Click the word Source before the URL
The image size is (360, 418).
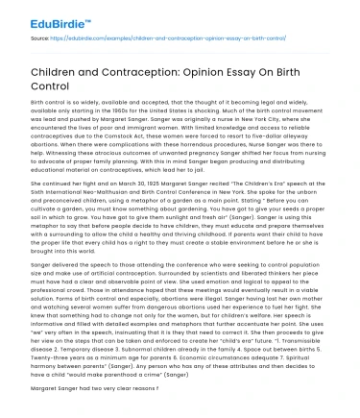coord(40,38)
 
